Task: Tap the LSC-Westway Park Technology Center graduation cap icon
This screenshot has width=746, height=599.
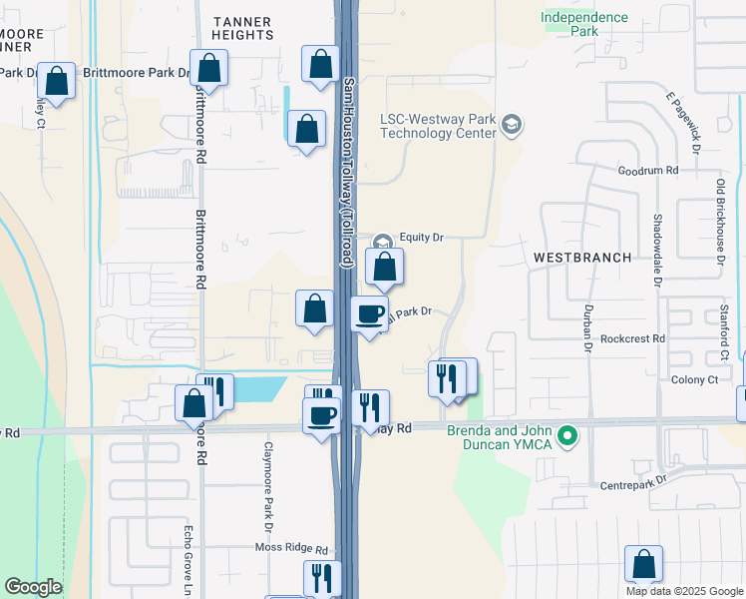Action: coord(512,125)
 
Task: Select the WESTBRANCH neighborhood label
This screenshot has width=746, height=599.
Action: coord(581,257)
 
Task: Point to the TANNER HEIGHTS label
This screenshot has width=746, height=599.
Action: coord(243,27)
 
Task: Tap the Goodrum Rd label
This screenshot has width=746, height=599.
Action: coord(648,171)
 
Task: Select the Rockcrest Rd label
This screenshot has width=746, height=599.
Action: coord(633,338)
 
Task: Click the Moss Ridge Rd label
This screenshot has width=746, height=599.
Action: coord(291,549)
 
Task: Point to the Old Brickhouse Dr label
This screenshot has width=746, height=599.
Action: coord(720,223)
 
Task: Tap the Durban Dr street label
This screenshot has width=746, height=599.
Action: coord(588,327)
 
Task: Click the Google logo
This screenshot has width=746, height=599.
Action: coord(33,587)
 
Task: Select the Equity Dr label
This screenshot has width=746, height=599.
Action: coord(421,238)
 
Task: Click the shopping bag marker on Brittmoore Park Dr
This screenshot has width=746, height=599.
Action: coord(209,71)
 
